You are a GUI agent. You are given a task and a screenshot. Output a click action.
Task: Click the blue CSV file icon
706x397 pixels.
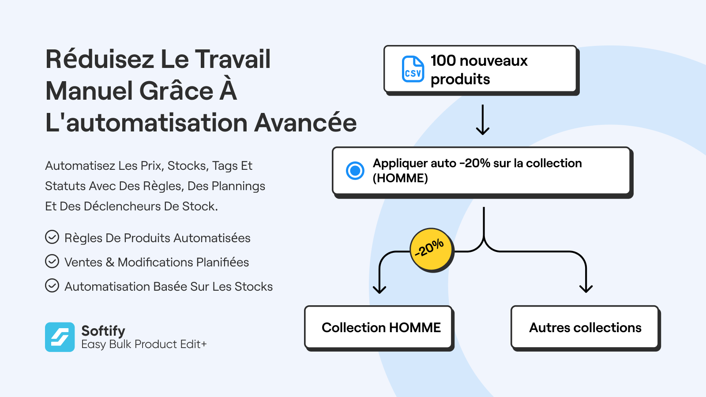tap(413, 69)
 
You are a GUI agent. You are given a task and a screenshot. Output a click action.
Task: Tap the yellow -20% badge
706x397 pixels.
tap(432, 250)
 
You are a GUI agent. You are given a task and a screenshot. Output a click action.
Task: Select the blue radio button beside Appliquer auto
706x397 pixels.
tap(355, 170)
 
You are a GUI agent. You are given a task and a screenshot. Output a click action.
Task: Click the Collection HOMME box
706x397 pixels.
tap(379, 328)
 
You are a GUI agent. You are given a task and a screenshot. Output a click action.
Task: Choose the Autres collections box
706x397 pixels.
tap(586, 328)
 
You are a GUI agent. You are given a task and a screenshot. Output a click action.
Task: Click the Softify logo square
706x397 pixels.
tap(60, 337)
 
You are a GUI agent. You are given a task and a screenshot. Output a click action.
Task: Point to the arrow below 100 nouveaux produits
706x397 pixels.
tap(483, 120)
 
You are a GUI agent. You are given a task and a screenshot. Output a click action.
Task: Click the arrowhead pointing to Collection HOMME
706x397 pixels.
tap(379, 289)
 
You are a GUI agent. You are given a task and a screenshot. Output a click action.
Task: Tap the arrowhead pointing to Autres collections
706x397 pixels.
tap(586, 288)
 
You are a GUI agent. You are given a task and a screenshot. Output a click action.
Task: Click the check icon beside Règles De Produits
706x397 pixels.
tap(52, 237)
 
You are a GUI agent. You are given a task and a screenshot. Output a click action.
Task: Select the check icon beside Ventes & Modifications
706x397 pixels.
tap(52, 262)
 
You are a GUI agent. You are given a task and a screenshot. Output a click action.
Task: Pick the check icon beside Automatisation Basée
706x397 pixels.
tap(52, 286)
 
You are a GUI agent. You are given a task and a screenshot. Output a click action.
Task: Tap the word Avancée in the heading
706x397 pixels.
tap(305, 123)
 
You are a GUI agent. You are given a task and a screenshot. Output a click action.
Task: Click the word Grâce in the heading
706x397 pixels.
tap(176, 91)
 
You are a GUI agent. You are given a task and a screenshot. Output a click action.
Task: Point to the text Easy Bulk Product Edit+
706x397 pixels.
tap(144, 344)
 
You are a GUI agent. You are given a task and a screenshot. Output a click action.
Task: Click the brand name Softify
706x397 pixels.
tap(103, 331)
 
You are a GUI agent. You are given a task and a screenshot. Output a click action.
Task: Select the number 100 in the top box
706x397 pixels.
tap(443, 60)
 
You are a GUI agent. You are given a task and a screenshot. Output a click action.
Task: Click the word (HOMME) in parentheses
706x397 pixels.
tap(400, 178)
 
